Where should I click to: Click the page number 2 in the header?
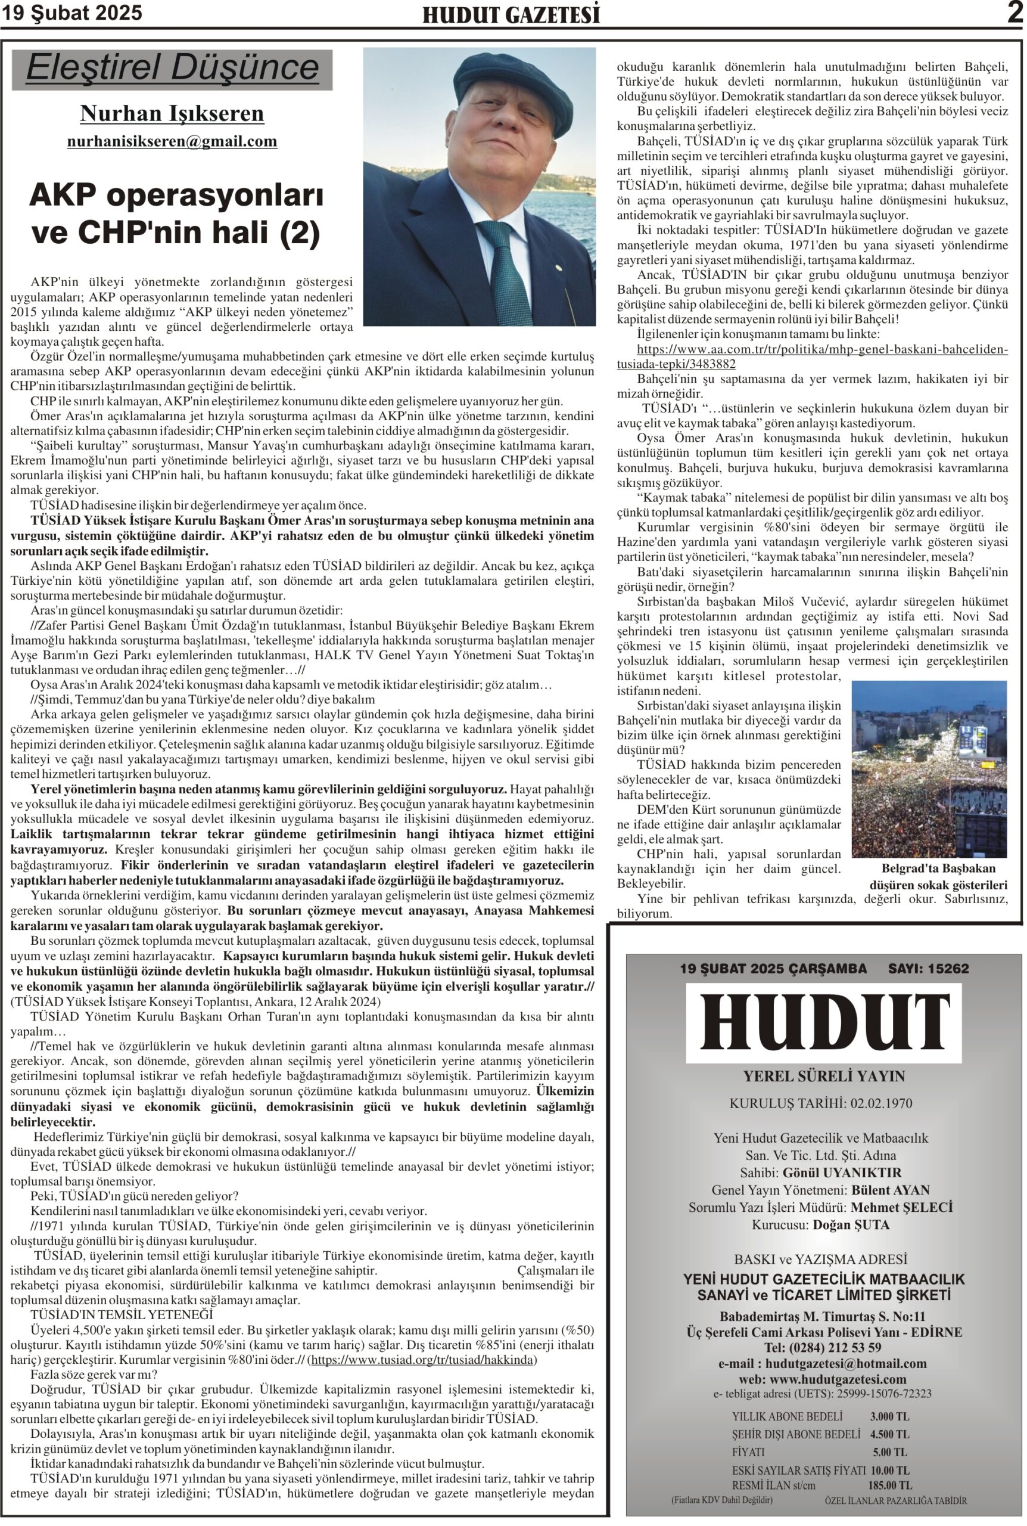click(1014, 13)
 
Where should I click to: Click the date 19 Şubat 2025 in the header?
click(72, 14)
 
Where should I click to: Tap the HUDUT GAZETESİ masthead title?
click(511, 15)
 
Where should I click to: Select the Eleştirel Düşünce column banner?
click(172, 68)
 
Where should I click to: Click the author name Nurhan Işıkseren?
click(172, 113)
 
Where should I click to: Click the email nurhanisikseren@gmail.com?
click(172, 141)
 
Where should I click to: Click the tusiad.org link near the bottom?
click(423, 1360)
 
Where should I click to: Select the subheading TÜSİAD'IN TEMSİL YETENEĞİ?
click(122, 1314)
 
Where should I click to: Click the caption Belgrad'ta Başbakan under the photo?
click(938, 869)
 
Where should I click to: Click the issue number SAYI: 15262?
click(928, 969)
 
